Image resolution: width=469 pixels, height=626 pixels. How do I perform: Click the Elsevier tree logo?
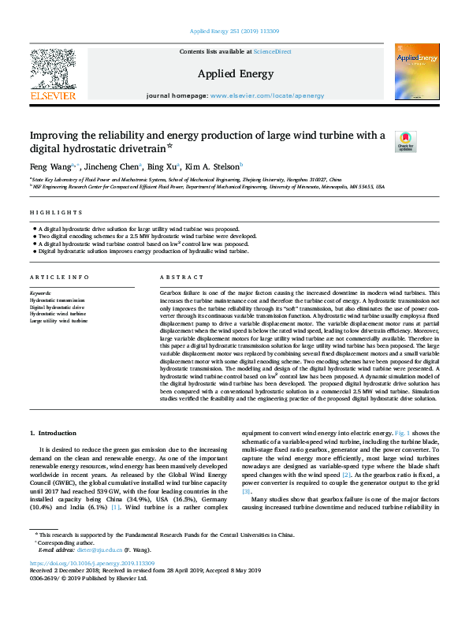(53, 71)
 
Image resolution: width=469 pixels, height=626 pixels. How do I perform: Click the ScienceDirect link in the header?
(273, 51)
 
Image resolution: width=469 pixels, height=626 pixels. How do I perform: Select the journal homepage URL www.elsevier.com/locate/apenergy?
(267, 95)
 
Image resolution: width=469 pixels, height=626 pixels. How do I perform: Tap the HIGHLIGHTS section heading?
(56, 213)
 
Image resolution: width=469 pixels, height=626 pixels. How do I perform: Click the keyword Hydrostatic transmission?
(57, 300)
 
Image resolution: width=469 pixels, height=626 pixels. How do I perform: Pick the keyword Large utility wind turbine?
(58, 321)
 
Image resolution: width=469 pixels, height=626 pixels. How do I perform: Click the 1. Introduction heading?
(53, 433)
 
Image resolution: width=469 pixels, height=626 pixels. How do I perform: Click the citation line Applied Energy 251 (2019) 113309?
(234, 31)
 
